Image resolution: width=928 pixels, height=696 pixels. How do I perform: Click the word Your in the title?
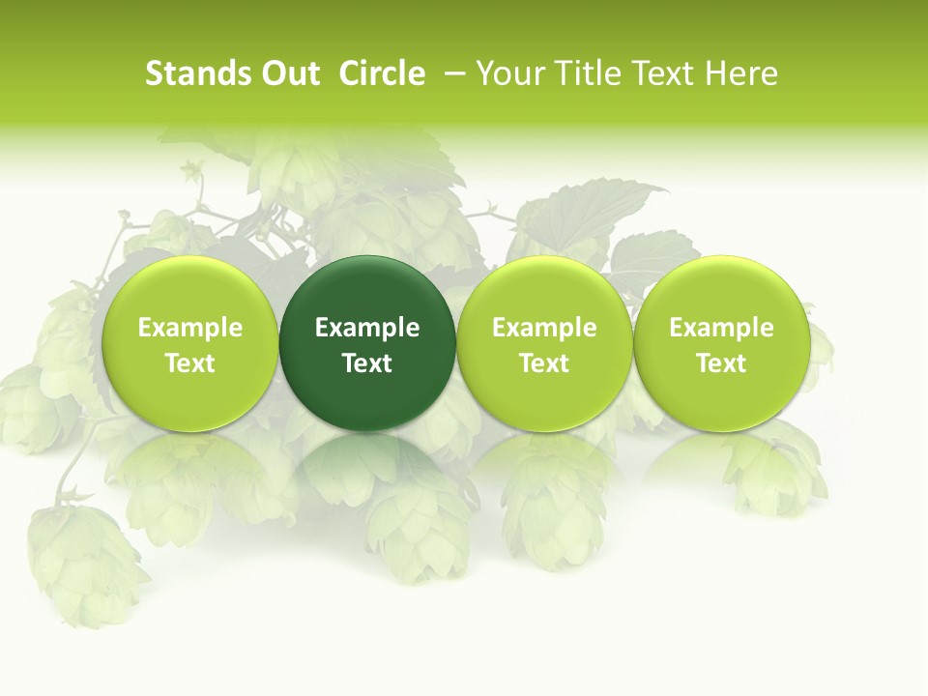click(507, 73)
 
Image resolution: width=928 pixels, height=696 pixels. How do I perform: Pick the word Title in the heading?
click(579, 73)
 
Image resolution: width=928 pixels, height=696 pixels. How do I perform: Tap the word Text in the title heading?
click(657, 73)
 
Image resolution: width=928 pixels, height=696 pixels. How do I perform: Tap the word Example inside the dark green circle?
click(367, 329)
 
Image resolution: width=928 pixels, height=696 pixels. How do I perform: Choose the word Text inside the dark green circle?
click(367, 363)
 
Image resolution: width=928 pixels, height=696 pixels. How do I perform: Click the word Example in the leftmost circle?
click(189, 329)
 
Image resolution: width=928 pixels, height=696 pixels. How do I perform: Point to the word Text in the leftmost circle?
click(189, 363)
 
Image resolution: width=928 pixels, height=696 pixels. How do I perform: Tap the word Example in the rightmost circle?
click(722, 329)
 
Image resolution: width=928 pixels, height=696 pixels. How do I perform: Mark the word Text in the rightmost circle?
click(722, 363)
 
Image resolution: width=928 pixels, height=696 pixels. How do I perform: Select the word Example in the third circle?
click(544, 329)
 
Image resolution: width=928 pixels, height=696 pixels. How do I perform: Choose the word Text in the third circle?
click(544, 363)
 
